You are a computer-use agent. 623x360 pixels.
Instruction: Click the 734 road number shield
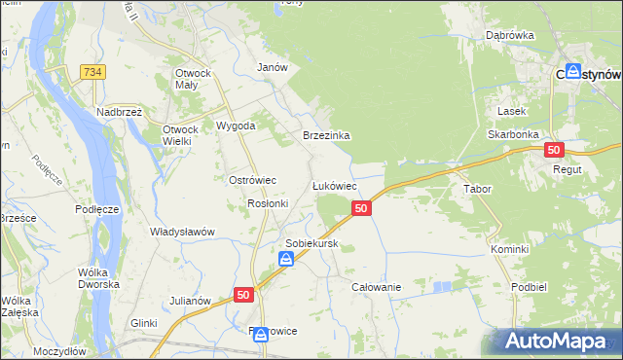[x=94, y=72]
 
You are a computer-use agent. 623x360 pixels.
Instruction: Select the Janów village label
[x=272, y=67]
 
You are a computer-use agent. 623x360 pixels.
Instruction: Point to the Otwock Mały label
[x=199, y=79]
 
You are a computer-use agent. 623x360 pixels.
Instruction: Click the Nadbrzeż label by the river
[x=120, y=112]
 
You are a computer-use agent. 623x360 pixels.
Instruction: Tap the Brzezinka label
[x=326, y=136]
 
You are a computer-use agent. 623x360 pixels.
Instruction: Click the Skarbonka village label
[x=514, y=133]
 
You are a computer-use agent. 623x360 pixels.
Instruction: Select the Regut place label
[x=566, y=169]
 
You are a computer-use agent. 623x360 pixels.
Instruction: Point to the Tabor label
[x=477, y=189]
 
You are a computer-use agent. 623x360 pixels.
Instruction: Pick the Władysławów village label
[x=182, y=232]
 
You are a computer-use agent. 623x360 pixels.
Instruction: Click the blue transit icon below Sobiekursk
[x=286, y=259]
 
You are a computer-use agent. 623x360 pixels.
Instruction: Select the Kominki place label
[x=509, y=249]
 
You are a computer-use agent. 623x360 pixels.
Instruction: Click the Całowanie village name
[x=377, y=287]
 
